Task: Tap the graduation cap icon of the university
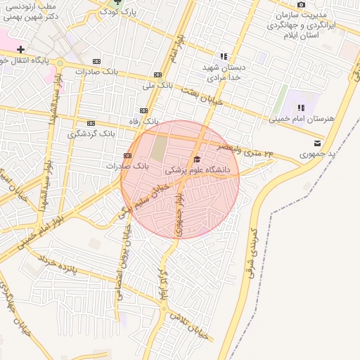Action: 196,160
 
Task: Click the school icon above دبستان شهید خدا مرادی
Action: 224,56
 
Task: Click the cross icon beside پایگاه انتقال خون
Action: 21,50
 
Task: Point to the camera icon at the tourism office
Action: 301,5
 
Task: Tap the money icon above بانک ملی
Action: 157,75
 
